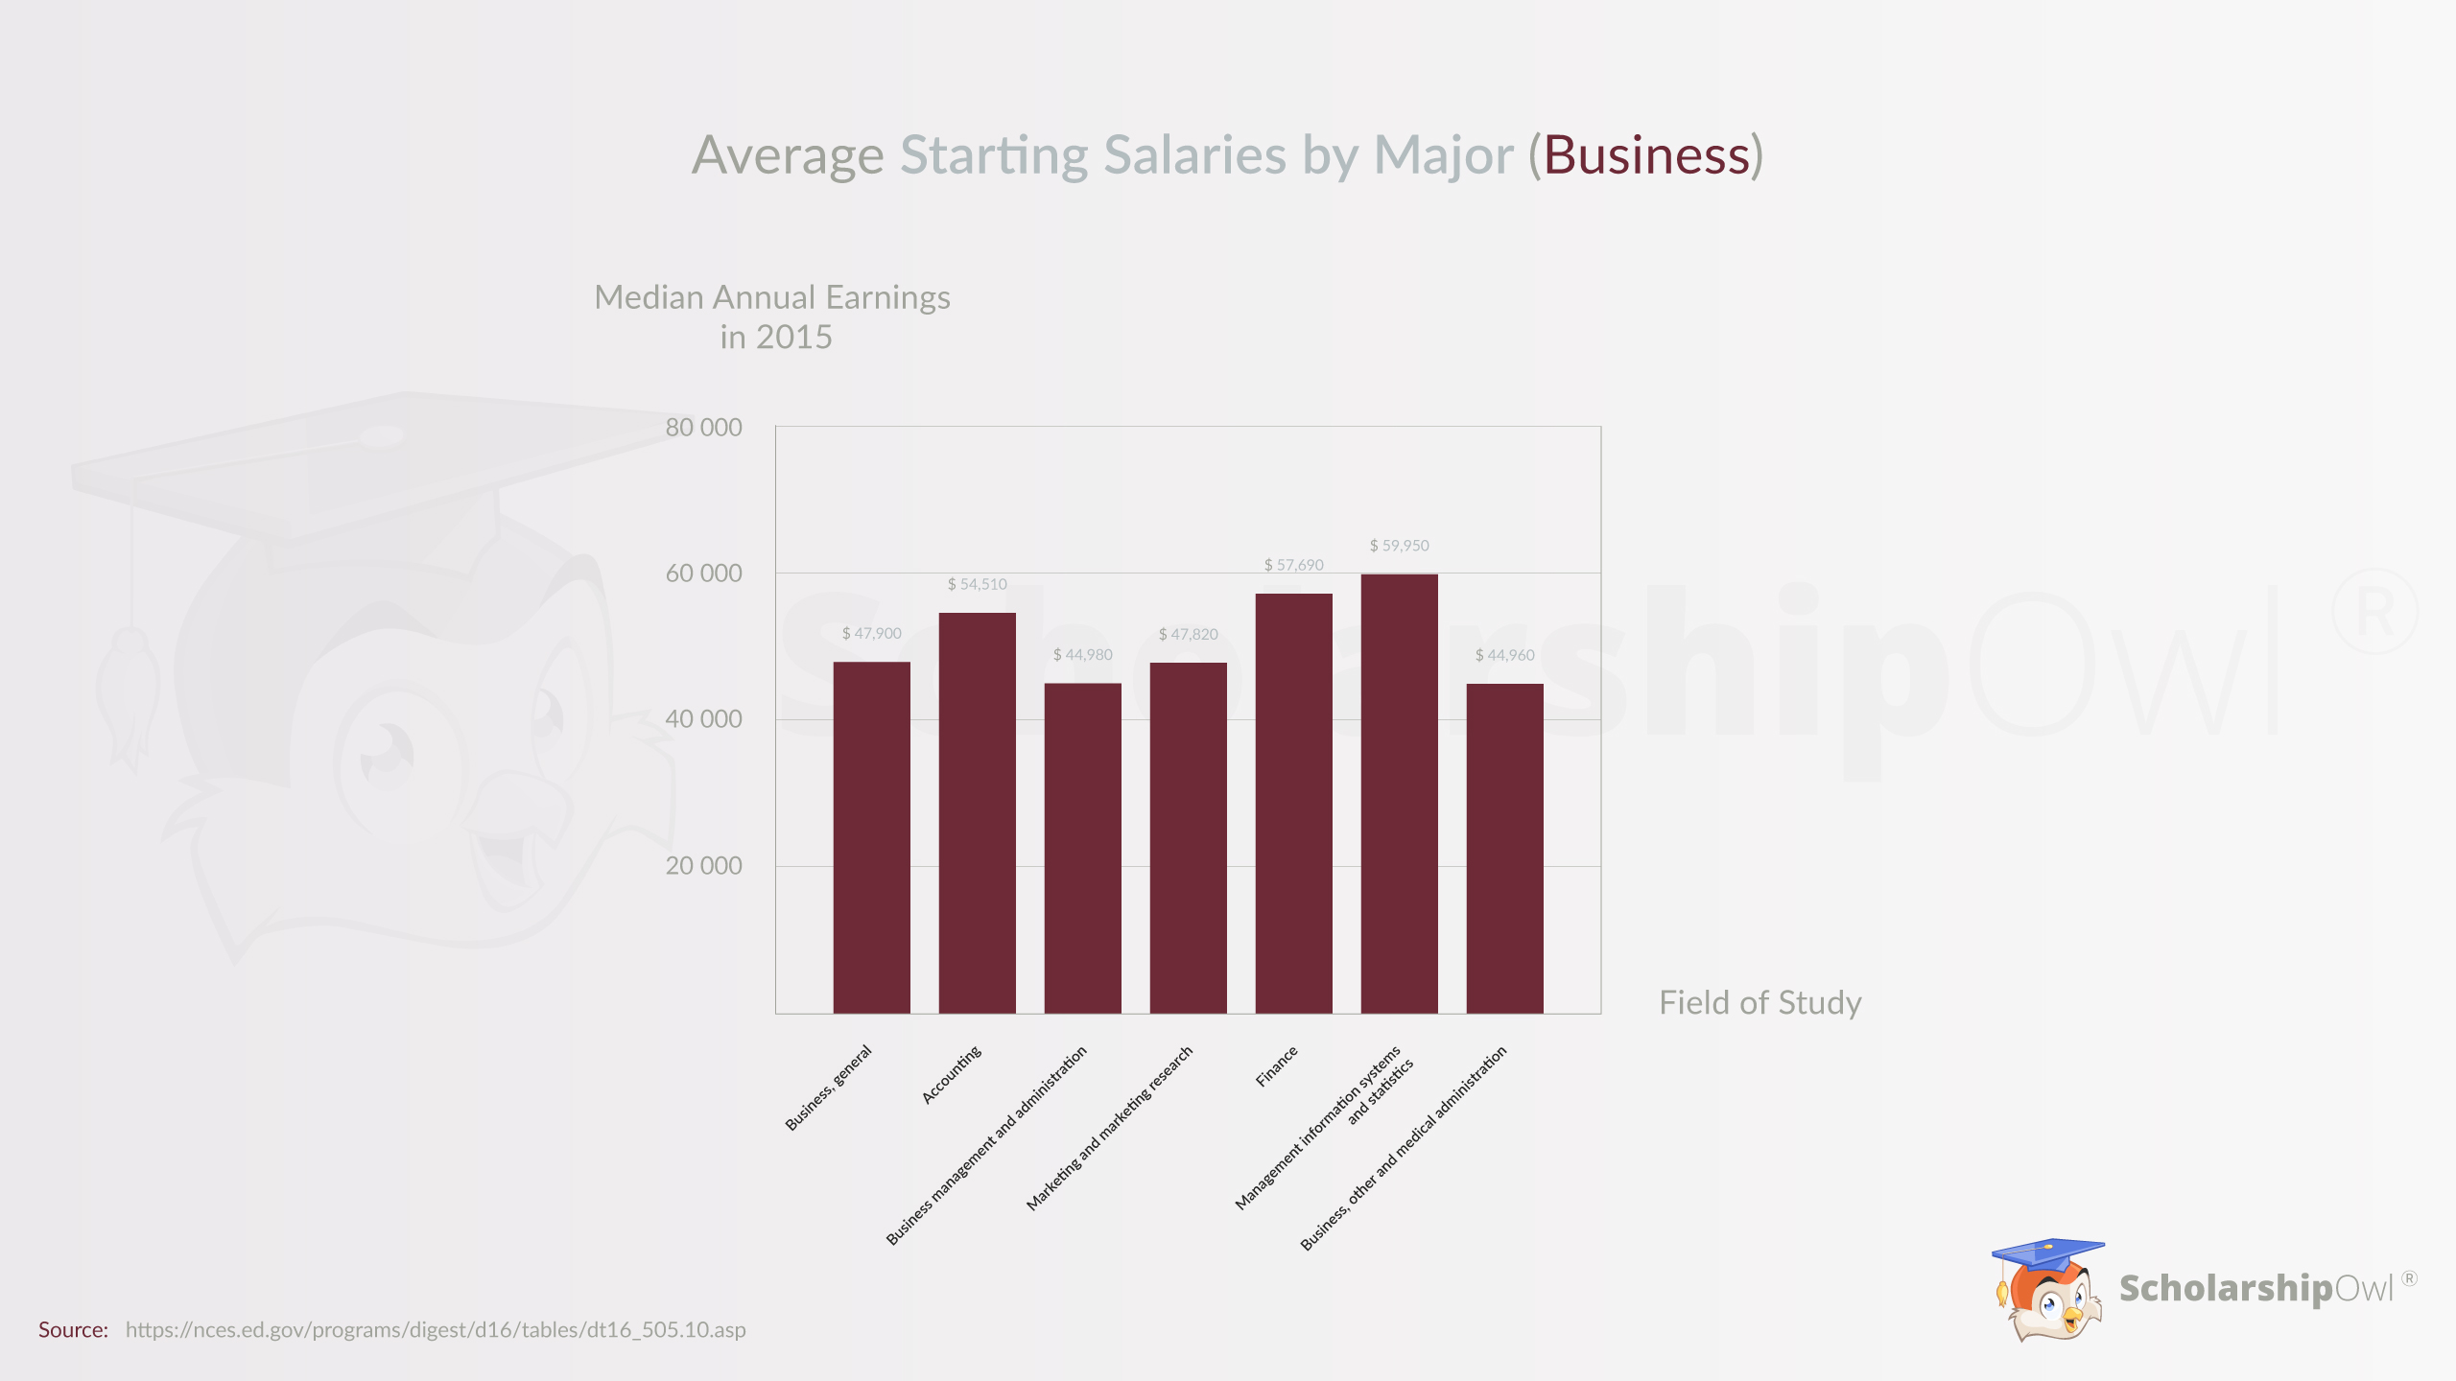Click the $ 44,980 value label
point(1082,655)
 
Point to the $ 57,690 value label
point(1293,565)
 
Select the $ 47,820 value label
point(1188,634)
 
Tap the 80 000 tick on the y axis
point(703,428)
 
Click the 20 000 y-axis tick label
point(703,866)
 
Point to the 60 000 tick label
point(703,573)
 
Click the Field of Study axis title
point(1759,1003)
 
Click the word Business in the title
point(1646,155)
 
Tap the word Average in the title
point(788,155)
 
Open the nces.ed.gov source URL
point(436,1330)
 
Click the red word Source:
point(73,1330)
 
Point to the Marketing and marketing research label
point(1110,1129)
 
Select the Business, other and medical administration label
point(1404,1149)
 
